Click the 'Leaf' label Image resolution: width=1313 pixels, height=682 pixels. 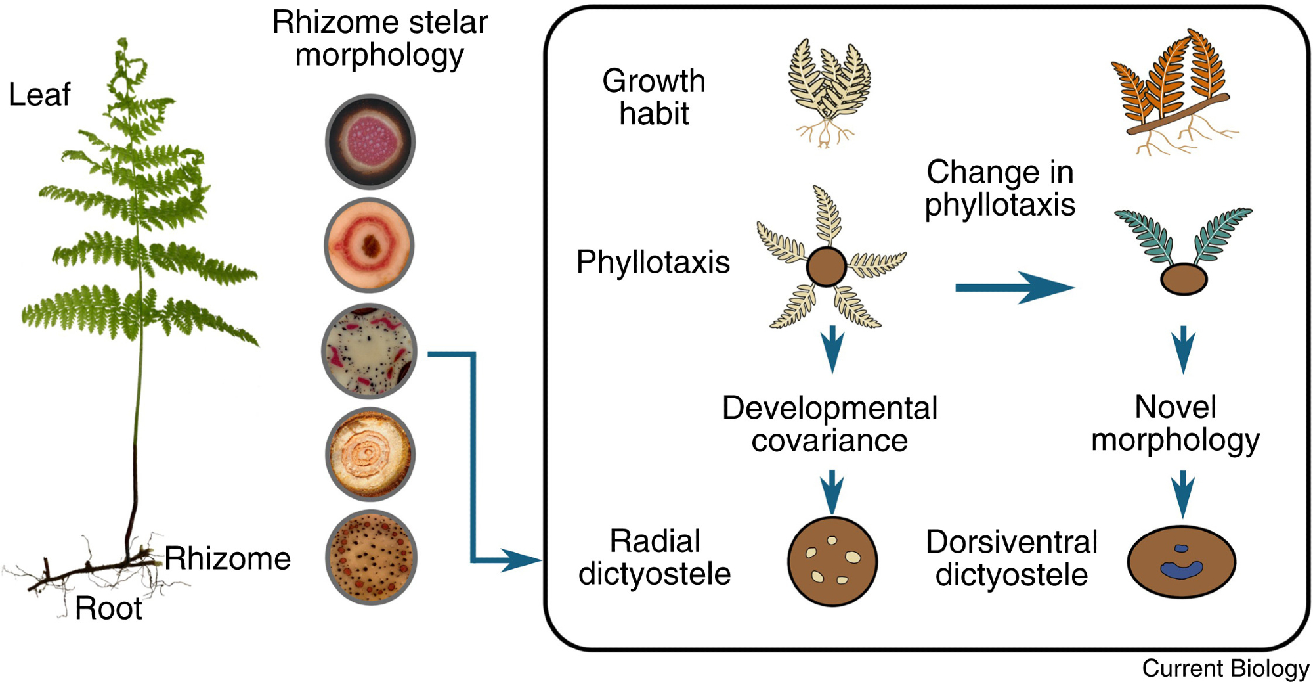pos(39,95)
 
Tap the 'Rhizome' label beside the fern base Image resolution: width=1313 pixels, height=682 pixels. pos(227,558)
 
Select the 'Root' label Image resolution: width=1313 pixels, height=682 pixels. pos(108,608)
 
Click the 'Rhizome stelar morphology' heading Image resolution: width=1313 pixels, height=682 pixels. pos(379,39)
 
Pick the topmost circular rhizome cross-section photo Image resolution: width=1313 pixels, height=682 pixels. pos(370,141)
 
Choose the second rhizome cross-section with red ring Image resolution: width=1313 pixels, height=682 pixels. pos(370,245)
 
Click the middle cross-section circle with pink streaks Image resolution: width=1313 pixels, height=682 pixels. pos(370,352)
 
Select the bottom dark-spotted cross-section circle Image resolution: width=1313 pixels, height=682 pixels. pos(371,558)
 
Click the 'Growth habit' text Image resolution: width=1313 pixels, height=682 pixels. pos(654,97)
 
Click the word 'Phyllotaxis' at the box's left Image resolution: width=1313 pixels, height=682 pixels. pos(653,262)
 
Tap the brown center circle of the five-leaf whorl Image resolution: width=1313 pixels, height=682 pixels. pos(826,266)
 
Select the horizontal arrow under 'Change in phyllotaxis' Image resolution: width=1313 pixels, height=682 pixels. pos(1014,288)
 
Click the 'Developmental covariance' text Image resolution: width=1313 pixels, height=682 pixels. pos(830,424)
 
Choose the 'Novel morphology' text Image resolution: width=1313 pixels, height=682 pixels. pos(1175,423)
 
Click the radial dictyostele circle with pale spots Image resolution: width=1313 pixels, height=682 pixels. pos(832,561)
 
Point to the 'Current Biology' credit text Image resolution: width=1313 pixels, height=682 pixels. pos(1225,668)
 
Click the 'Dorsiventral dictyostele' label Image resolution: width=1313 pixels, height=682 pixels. pos(1012,558)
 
